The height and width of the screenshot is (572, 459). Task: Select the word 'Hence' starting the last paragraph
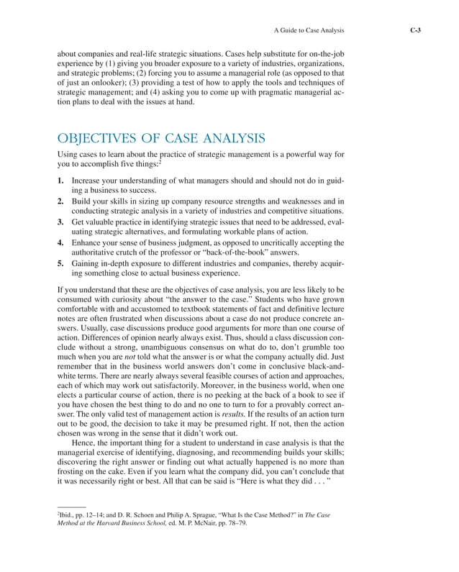pyautogui.click(x=84, y=444)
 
